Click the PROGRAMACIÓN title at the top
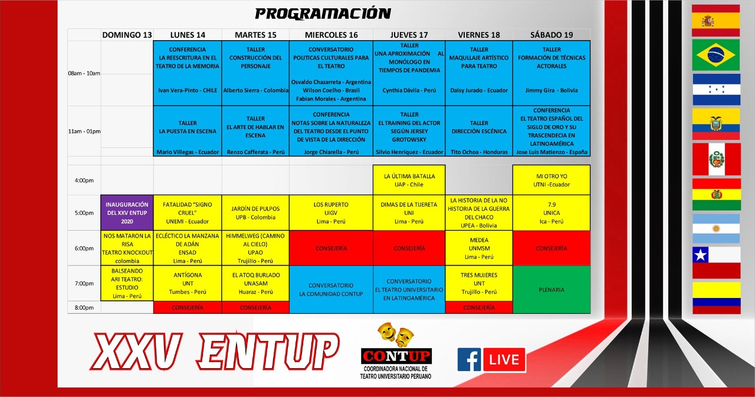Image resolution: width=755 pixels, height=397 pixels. click(x=323, y=14)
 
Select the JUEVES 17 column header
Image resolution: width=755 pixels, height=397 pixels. click(x=409, y=35)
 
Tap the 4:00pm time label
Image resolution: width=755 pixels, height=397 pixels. click(x=84, y=181)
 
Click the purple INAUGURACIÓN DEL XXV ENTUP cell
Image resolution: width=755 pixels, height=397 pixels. click(x=127, y=212)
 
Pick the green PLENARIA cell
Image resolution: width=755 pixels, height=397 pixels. click(x=552, y=290)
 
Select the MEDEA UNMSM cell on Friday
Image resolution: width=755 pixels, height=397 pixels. click(x=478, y=248)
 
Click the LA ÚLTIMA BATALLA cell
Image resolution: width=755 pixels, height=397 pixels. click(x=409, y=180)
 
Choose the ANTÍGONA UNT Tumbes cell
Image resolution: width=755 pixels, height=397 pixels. click(x=188, y=283)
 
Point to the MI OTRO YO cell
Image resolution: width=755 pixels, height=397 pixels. click(x=552, y=180)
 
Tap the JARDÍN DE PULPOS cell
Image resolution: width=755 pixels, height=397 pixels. click(x=255, y=212)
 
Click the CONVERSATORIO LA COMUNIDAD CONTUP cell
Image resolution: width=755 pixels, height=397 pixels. click(x=331, y=290)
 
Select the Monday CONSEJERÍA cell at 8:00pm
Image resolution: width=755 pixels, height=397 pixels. click(x=188, y=307)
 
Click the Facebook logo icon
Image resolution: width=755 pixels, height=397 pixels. click(x=469, y=360)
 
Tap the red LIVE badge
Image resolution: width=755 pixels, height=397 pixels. click(x=504, y=360)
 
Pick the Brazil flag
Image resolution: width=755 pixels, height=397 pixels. click(x=716, y=55)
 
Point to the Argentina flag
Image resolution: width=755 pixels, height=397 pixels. click(x=716, y=228)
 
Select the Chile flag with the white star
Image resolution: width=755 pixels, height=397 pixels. click(x=716, y=263)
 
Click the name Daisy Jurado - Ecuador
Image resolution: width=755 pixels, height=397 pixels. click(x=478, y=90)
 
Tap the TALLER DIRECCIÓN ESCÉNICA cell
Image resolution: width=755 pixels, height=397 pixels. click(x=478, y=131)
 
